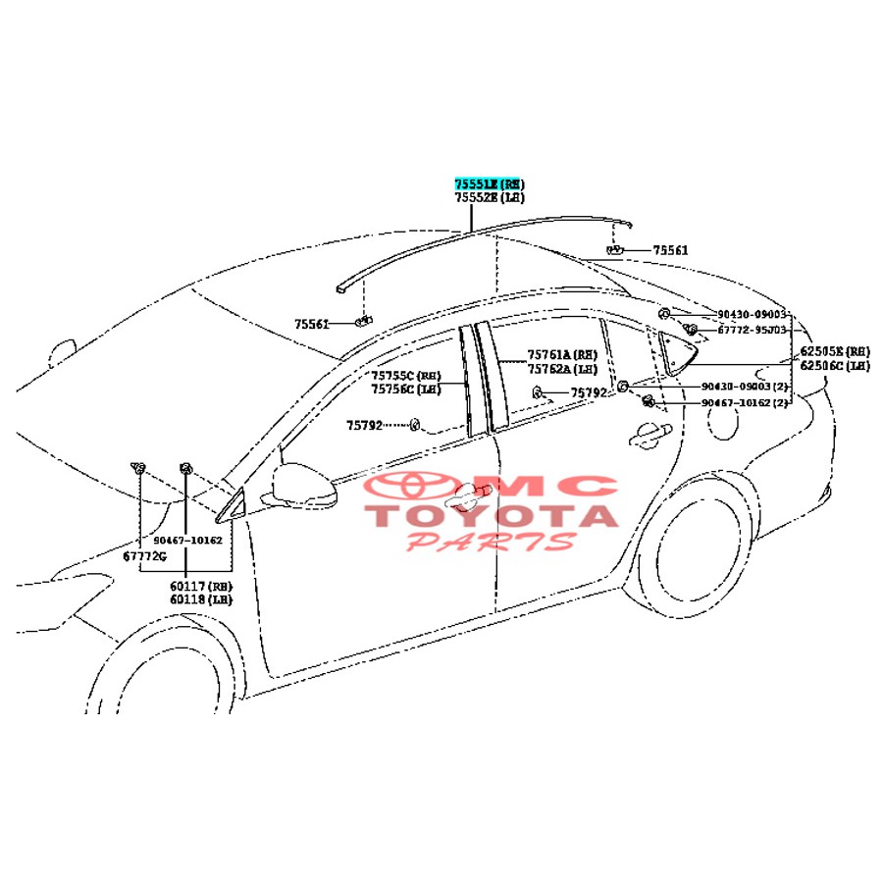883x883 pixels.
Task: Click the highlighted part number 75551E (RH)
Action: click(489, 184)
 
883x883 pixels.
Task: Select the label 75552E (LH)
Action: click(489, 198)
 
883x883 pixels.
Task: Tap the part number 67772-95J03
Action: click(752, 331)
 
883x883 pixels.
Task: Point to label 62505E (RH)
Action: click(834, 351)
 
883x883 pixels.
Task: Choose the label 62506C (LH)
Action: click(834, 366)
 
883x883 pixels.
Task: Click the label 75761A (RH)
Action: click(562, 355)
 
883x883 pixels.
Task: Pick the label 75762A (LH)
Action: click(562, 369)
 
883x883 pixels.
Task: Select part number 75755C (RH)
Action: click(407, 376)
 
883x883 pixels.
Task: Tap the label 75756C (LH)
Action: click(407, 390)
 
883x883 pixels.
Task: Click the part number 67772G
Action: click(144, 556)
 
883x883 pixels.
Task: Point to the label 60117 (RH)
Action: click(200, 586)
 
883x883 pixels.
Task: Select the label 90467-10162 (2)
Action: click(745, 403)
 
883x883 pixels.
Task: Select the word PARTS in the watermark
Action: click(491, 541)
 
